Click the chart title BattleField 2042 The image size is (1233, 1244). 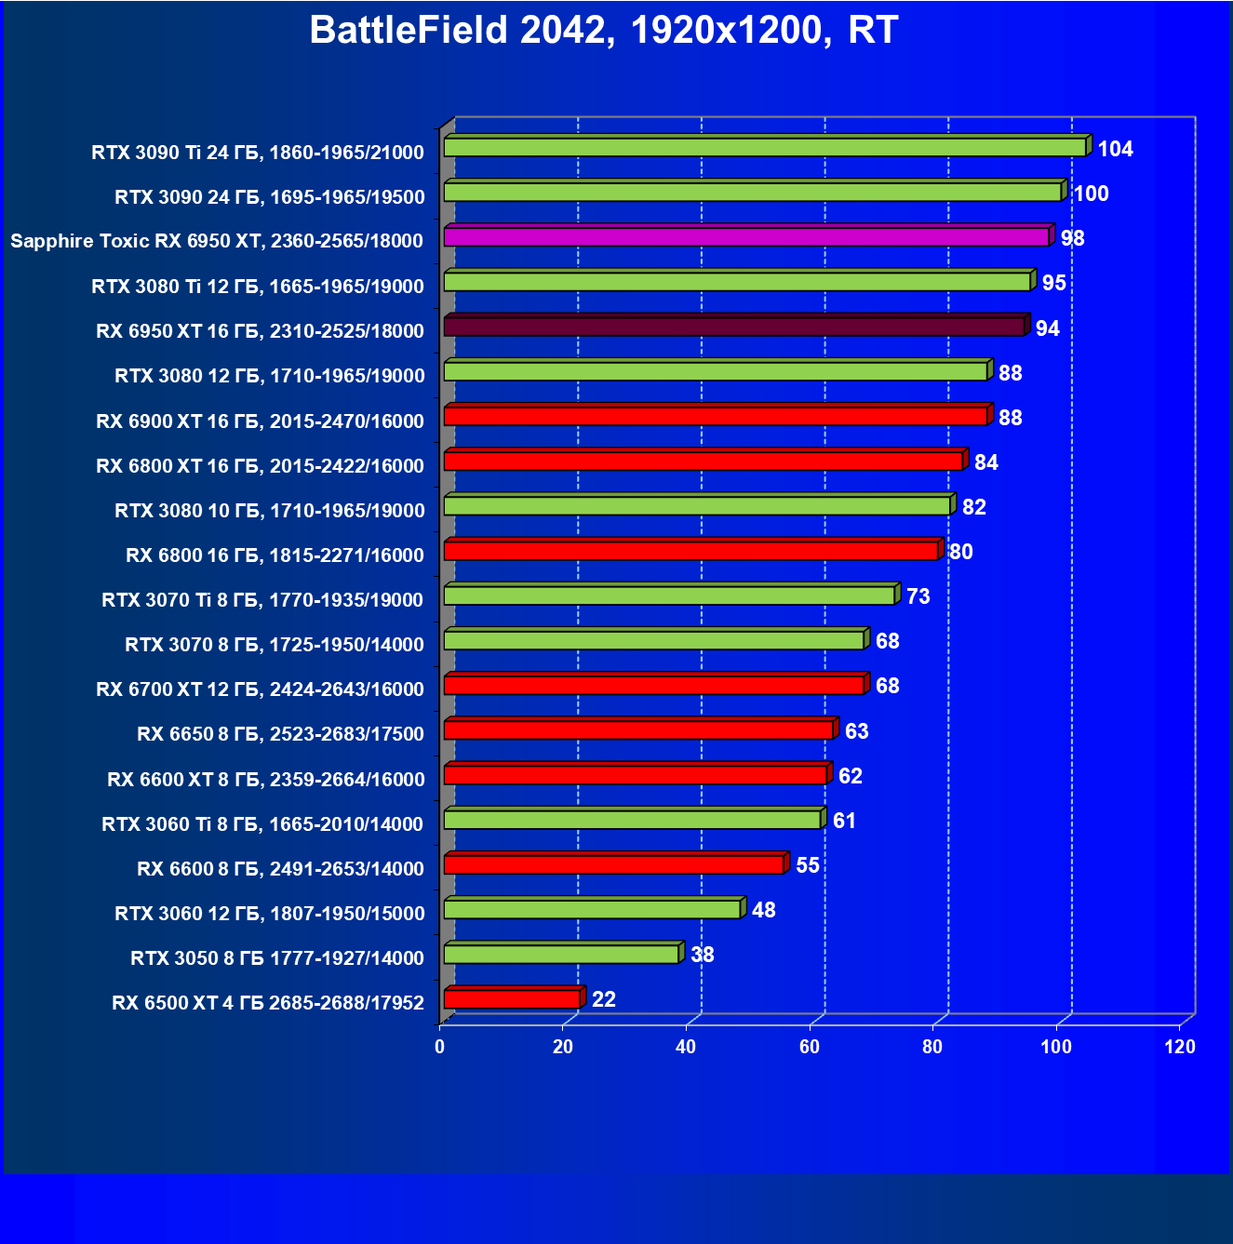click(603, 30)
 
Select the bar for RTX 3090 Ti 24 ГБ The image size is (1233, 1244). click(765, 147)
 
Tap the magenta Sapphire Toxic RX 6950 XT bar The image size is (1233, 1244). click(746, 237)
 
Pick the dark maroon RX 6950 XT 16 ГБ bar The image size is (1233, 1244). click(734, 327)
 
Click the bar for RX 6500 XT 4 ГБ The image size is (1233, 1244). click(512, 999)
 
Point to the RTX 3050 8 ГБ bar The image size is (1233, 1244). click(561, 955)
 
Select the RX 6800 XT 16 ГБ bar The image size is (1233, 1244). click(704, 461)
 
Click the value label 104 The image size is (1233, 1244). click(1115, 149)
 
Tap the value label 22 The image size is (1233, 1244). click(604, 999)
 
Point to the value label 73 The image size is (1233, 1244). click(918, 596)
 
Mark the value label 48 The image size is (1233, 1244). click(763, 910)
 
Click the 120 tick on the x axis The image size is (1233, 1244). click(1180, 1047)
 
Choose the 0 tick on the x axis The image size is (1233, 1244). click(440, 1047)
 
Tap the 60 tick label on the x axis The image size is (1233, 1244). click(810, 1047)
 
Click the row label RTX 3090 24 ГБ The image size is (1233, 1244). click(269, 197)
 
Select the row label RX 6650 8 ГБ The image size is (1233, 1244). click(280, 734)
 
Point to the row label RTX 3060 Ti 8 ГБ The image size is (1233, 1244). click(262, 823)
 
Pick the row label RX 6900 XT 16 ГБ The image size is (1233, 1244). click(260, 421)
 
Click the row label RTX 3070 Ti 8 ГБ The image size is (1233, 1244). click(262, 600)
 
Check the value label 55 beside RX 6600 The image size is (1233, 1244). click(808, 865)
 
